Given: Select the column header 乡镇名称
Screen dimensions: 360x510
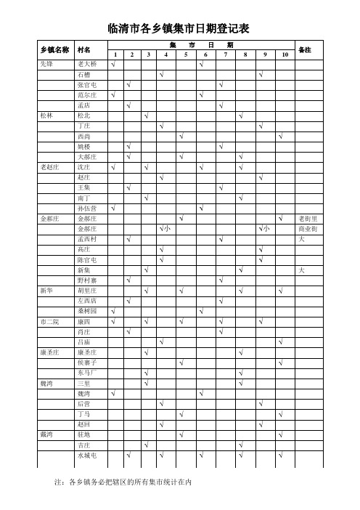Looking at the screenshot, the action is [54, 49].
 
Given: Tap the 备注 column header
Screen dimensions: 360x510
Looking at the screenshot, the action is [305, 49].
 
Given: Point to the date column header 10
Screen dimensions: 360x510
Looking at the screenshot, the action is [285, 54].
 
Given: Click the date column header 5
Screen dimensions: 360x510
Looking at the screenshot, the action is [186, 54].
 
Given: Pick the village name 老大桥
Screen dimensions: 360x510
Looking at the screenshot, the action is [86, 65].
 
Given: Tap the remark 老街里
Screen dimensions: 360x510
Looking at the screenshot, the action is [305, 218].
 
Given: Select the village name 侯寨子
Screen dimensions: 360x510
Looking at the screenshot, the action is [87, 362].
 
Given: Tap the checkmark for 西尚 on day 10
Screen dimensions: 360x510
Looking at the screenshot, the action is [280, 137].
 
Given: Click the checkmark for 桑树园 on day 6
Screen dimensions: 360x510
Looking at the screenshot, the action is [201, 311].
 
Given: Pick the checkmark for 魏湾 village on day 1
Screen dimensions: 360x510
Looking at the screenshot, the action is [113, 393].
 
